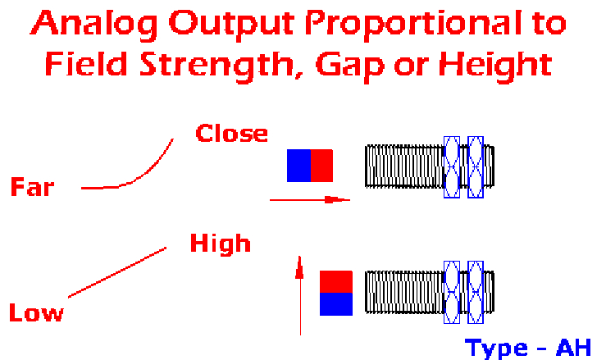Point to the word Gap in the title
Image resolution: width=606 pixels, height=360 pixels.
point(350,66)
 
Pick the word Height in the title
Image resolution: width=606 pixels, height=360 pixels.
point(495,66)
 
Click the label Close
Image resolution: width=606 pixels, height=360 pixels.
point(231,134)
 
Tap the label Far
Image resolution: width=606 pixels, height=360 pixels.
point(33,187)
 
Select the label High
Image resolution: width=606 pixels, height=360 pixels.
point(221,244)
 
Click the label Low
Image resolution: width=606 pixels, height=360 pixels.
point(36,312)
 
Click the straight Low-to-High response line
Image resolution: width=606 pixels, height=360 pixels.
point(117,272)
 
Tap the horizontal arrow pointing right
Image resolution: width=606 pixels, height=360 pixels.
point(310,200)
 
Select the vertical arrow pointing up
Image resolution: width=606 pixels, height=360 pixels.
point(300,295)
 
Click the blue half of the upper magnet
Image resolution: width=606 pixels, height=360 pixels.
point(298,166)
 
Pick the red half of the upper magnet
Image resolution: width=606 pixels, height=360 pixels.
point(321,166)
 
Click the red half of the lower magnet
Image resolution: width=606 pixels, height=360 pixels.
point(336,281)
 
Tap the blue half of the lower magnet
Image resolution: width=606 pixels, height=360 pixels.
point(336,304)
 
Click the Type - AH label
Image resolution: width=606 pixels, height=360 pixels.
point(528,349)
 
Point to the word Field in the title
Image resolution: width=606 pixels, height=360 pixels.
point(86,64)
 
